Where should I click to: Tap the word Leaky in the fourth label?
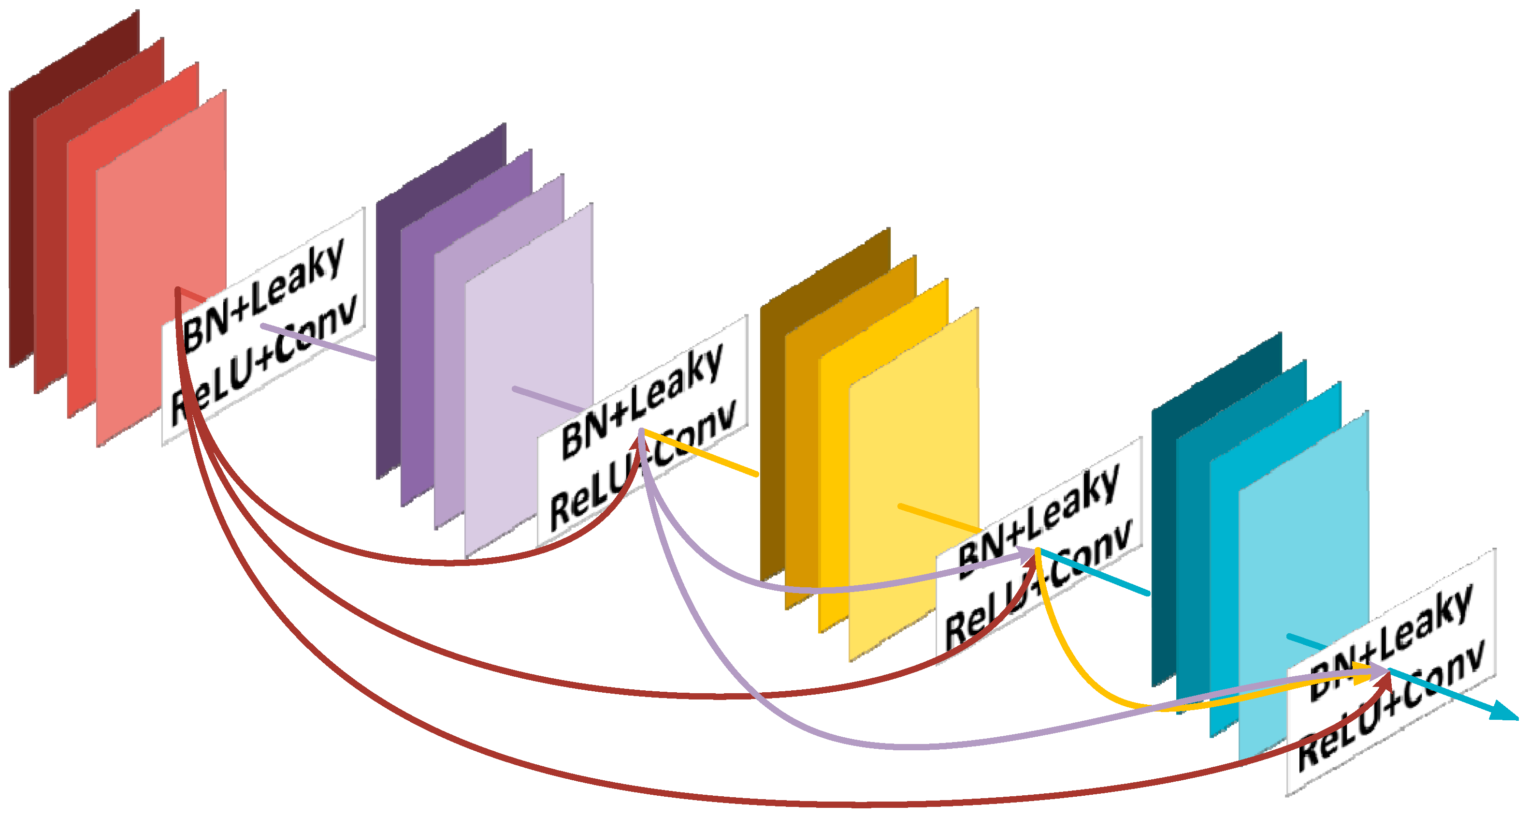(x=1425, y=624)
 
